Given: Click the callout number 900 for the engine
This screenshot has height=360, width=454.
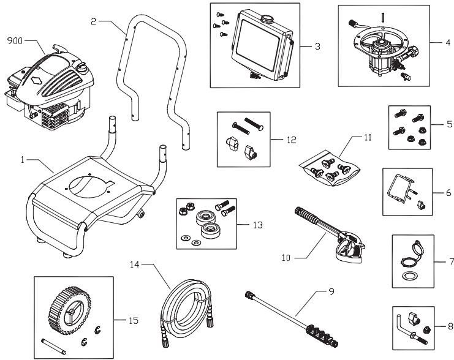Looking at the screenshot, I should (15, 41).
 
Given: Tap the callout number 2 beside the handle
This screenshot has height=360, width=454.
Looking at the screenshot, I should (94, 22).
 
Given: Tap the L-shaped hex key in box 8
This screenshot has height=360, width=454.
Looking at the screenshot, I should (404, 321).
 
